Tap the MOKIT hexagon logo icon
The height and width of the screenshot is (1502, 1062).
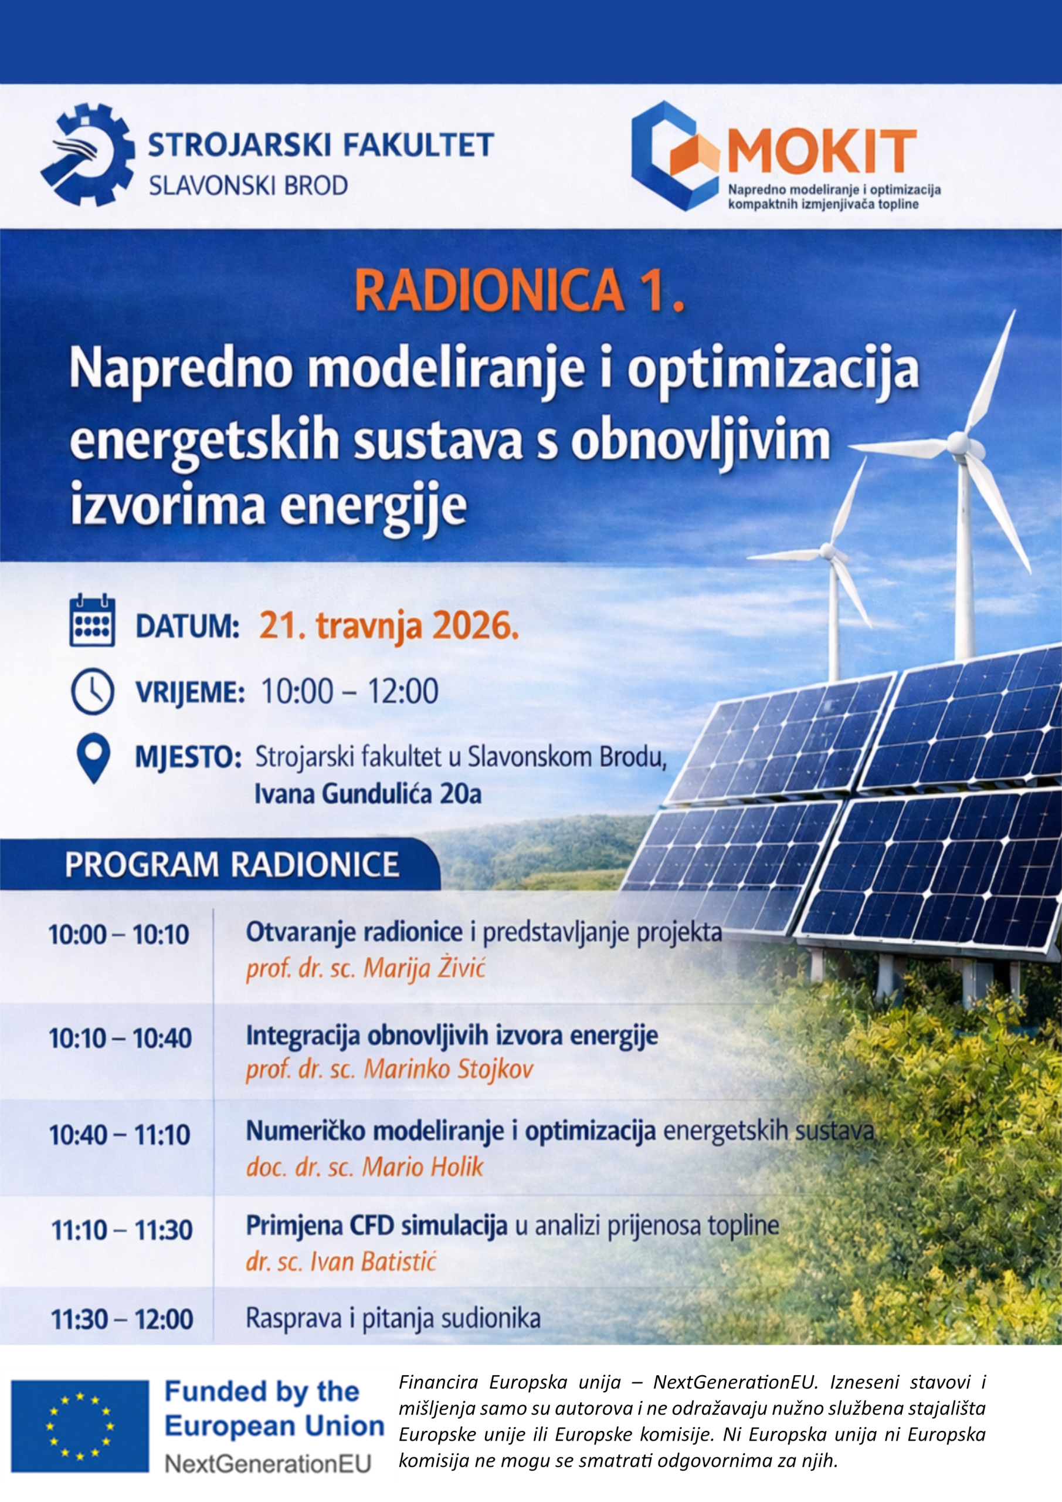pos(676,155)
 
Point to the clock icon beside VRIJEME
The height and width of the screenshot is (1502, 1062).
pos(92,691)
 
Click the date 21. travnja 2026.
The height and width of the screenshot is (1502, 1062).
pos(389,626)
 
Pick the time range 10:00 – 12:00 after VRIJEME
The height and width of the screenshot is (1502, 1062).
pos(350,692)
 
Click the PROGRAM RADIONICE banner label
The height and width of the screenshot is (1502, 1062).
pos(232,865)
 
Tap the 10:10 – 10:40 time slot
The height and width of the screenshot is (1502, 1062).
pos(120,1038)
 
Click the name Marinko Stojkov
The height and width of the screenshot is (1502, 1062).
pos(449,1070)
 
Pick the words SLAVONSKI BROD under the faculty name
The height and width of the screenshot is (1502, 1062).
pos(249,186)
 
